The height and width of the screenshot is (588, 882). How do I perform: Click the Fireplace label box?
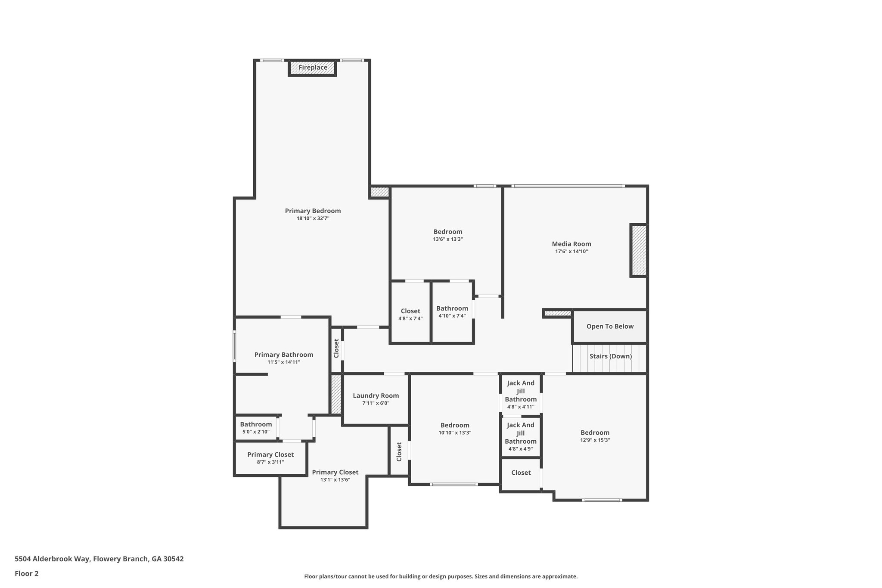click(x=313, y=68)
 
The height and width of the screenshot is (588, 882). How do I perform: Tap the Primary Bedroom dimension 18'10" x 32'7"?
click(x=313, y=218)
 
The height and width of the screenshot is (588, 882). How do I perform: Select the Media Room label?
click(x=571, y=244)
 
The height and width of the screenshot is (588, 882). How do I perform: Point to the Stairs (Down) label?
click(x=610, y=356)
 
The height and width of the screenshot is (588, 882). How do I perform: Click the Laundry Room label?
click(x=376, y=395)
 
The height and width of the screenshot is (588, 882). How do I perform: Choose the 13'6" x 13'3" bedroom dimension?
click(x=448, y=239)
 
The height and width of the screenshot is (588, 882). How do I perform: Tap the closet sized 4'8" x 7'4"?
click(x=410, y=314)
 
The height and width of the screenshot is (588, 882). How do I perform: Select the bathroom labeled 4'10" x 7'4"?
click(x=452, y=311)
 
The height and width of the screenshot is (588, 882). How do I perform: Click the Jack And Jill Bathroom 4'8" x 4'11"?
click(x=521, y=394)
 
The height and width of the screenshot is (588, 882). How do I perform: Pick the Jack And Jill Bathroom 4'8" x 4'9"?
click(x=521, y=436)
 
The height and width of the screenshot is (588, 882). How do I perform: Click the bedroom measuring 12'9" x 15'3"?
click(x=595, y=436)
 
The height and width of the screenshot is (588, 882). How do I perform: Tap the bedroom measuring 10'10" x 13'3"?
click(x=455, y=429)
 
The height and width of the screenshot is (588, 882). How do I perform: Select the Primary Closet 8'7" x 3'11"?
click(x=270, y=458)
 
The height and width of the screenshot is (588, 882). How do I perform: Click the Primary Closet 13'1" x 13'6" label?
click(x=335, y=472)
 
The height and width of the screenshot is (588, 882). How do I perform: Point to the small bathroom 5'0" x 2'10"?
click(x=256, y=428)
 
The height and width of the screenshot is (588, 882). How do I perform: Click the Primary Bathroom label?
click(x=283, y=355)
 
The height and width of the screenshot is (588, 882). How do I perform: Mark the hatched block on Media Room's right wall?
click(x=639, y=250)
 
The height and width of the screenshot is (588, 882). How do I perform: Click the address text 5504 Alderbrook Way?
click(x=99, y=559)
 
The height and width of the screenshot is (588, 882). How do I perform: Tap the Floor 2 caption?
click(x=27, y=573)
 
